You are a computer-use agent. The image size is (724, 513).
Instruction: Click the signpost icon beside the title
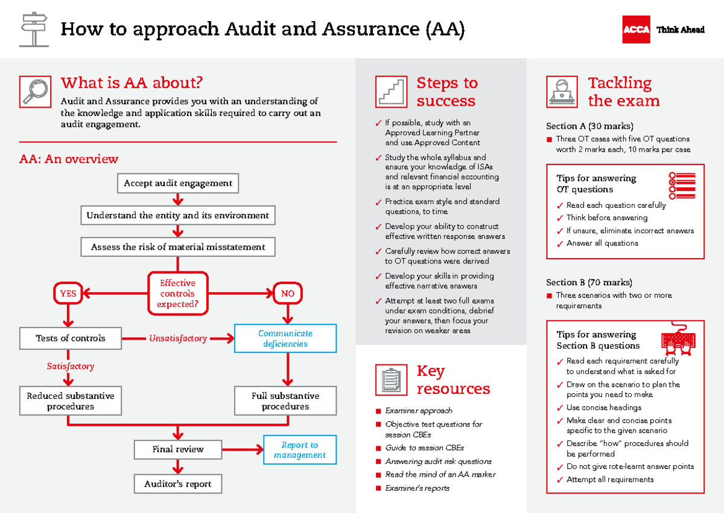tap(34, 29)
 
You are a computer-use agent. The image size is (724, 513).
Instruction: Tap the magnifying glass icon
tap(34, 92)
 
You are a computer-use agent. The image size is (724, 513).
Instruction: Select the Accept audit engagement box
tap(178, 183)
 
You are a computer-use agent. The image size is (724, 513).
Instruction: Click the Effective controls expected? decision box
tap(177, 294)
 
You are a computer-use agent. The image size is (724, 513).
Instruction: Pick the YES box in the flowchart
tap(68, 294)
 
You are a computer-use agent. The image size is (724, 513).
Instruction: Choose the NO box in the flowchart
tap(288, 294)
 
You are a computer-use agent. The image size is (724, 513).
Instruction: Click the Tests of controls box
tap(71, 338)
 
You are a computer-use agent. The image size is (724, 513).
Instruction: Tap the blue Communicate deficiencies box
tap(285, 338)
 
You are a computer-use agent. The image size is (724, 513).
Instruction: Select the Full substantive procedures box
tap(285, 401)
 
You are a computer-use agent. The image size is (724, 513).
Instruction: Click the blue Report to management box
tap(300, 450)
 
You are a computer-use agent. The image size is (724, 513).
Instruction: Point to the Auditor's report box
tap(178, 484)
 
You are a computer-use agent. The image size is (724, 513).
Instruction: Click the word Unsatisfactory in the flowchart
tap(178, 338)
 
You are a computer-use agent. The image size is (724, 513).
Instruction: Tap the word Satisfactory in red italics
tap(71, 366)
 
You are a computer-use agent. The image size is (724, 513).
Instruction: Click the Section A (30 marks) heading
tap(589, 126)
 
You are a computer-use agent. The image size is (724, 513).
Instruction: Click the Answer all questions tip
tap(602, 243)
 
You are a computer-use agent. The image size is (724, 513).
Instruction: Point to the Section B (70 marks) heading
tap(589, 282)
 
